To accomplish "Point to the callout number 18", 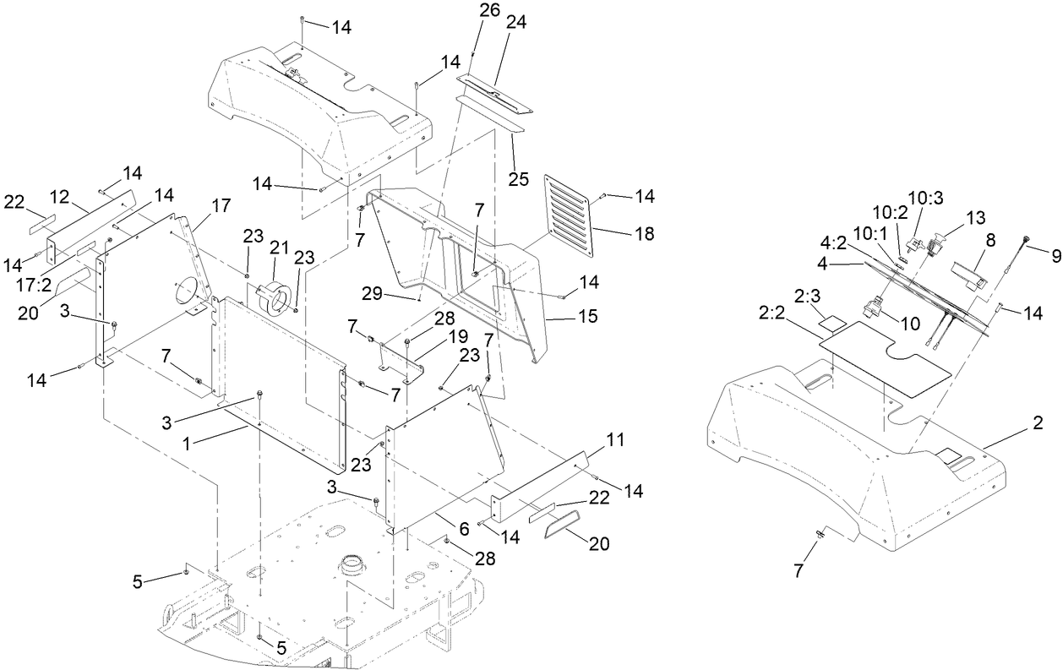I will coord(646,233).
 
